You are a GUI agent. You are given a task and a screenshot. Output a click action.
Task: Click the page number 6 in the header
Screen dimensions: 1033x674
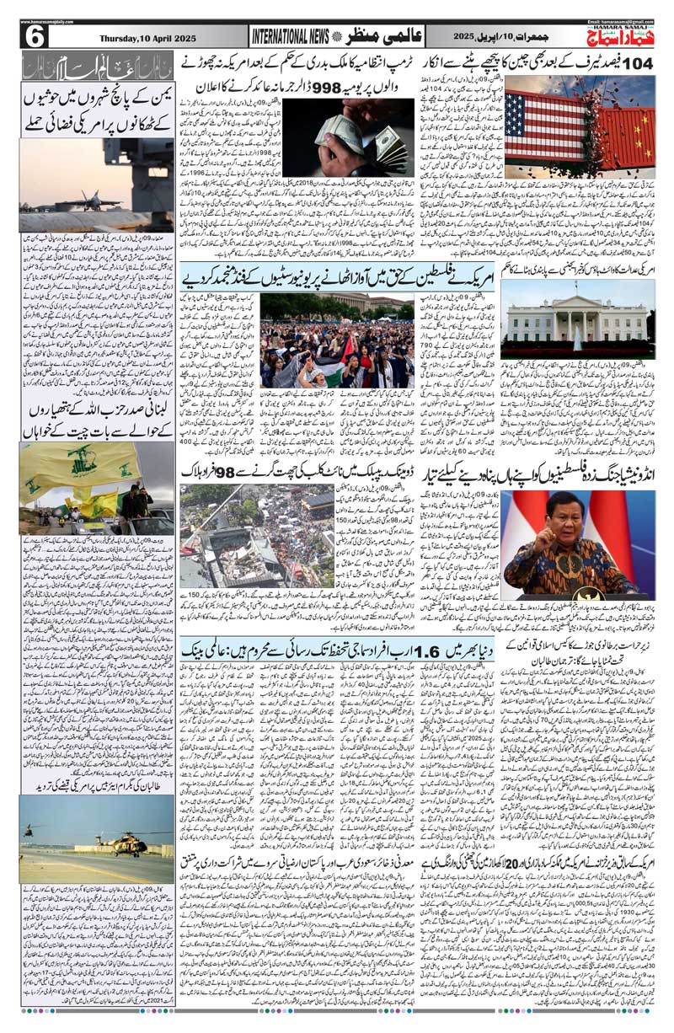[x=36, y=37]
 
